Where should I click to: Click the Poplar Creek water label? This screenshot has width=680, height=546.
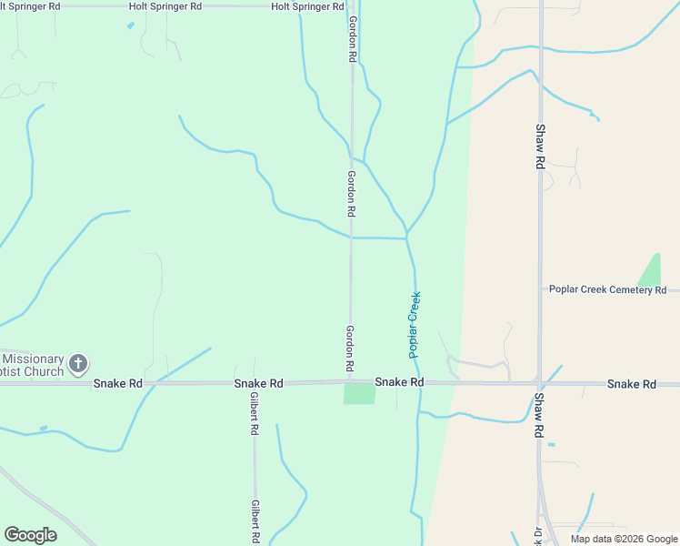tap(415, 324)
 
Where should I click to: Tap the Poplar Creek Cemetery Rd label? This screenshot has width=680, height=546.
tap(607, 289)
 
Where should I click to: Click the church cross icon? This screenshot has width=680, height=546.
tap(78, 364)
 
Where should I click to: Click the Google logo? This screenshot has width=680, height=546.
tap(30, 535)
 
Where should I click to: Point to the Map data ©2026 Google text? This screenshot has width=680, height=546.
tap(623, 539)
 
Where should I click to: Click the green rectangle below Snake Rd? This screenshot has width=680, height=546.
tap(359, 393)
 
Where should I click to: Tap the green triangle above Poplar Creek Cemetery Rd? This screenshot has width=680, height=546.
tap(650, 270)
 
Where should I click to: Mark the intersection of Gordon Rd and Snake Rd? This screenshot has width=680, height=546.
tap(351, 382)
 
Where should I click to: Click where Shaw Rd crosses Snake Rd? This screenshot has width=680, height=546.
tap(539, 383)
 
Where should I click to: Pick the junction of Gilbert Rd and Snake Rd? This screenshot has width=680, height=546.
tap(255, 384)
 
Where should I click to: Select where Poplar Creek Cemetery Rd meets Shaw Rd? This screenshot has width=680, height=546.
tap(540, 290)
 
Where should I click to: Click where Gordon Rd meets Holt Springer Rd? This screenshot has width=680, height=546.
tap(351, 5)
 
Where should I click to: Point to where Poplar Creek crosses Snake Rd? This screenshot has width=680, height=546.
tap(417, 382)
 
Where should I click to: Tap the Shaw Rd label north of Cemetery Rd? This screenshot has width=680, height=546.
tap(540, 146)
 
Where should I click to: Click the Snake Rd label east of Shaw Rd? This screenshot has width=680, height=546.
tap(631, 385)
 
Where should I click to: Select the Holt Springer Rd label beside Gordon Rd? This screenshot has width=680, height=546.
tap(307, 6)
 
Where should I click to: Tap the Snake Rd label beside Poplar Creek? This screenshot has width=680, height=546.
tap(399, 383)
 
